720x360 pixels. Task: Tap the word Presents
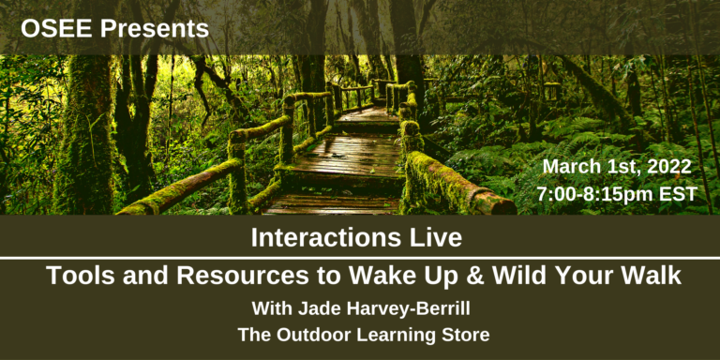(x=155, y=28)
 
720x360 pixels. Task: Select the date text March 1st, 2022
(x=617, y=167)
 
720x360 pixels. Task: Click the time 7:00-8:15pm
(x=596, y=194)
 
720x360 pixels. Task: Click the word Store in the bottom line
(x=465, y=335)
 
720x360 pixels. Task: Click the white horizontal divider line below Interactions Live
(x=360, y=258)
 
